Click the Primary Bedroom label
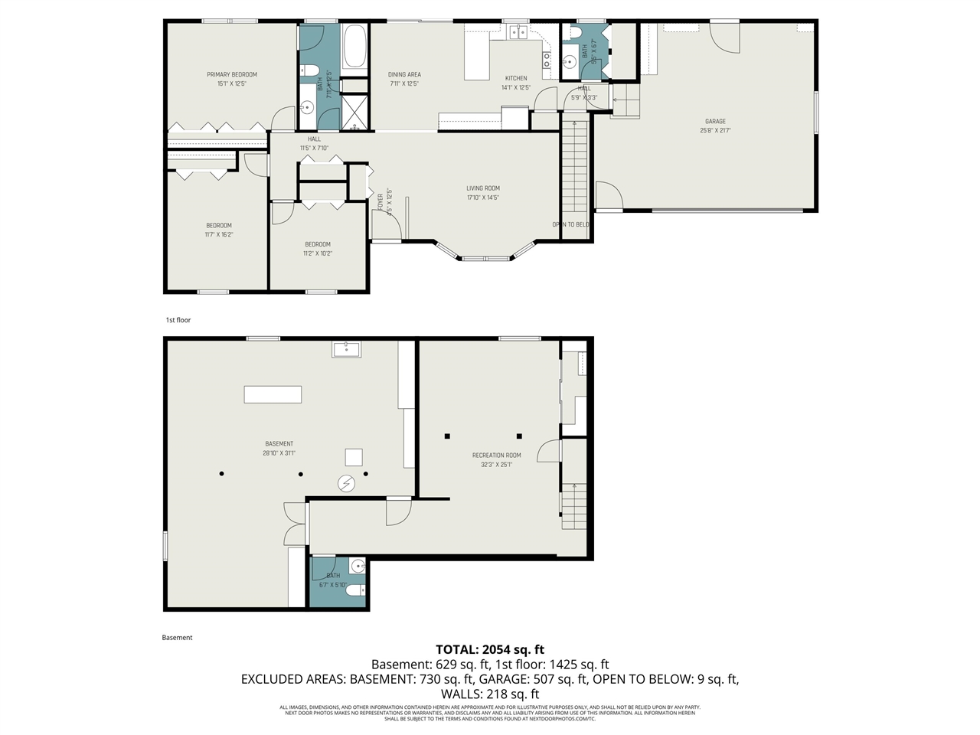[x=231, y=75]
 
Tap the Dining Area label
[x=404, y=75]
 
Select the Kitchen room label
[x=516, y=78]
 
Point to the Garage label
[x=715, y=122]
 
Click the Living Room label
[x=483, y=188]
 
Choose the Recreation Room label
[x=496, y=456]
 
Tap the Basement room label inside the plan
[x=279, y=444]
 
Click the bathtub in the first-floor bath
[x=355, y=47]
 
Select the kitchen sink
[x=519, y=31]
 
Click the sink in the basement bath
[x=358, y=567]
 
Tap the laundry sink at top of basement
[x=347, y=349]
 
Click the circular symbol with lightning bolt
[x=347, y=483]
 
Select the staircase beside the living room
[x=574, y=168]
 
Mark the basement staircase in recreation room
[x=573, y=506]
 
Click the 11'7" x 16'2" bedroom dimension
[x=219, y=235]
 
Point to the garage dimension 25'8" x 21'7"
[x=715, y=131]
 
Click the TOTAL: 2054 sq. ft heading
[x=490, y=650]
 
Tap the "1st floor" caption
[x=178, y=320]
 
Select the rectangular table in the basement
[x=273, y=394]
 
